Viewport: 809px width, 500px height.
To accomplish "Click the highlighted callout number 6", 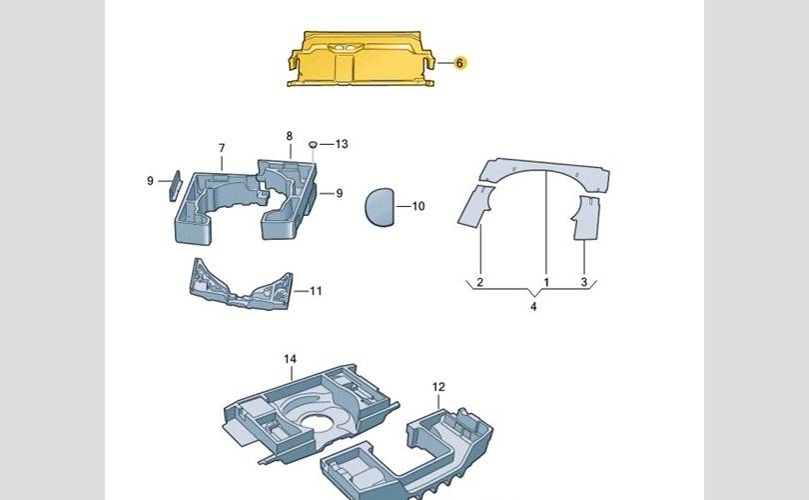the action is pos(459,63).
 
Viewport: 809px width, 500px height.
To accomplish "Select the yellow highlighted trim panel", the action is pos(362,59).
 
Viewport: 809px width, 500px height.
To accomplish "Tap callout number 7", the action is pos(222,148).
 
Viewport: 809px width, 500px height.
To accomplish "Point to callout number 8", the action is pos(290,136).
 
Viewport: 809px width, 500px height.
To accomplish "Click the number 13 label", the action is pos(342,144).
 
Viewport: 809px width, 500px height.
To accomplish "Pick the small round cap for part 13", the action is pos(313,144).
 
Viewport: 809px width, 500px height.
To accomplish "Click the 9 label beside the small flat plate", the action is pos(150,181).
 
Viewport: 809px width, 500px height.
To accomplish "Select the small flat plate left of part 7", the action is pos(176,186).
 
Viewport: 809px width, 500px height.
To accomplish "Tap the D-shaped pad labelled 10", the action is pos(381,207).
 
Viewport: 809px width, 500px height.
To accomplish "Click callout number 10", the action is pos(418,206).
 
